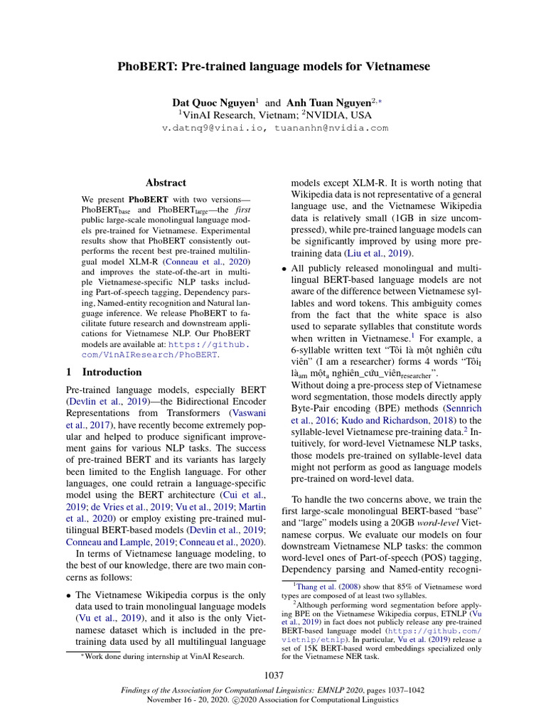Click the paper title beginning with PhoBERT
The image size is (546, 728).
pyautogui.click(x=273, y=67)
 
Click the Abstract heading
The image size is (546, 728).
pyautogui.click(x=165, y=183)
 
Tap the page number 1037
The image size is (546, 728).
pyautogui.click(x=274, y=675)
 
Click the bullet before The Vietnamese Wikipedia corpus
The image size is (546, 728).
pyautogui.click(x=69, y=594)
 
